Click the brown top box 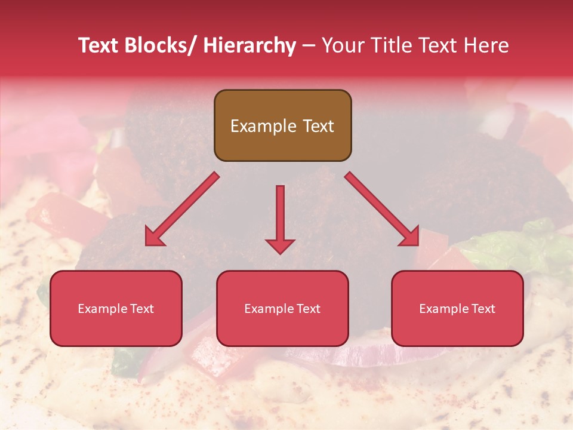coord(282,125)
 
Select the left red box coord(116,308)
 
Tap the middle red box coord(282,308)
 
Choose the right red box coord(457,308)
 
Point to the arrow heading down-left coord(182,209)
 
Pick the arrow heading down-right coord(382,209)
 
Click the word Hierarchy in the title coord(249,45)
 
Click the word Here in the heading coord(486,45)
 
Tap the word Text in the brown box coord(318,126)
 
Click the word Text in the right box coord(482,309)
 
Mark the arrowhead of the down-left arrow coord(154,237)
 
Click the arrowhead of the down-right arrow coord(411,237)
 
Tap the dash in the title coord(309,45)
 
